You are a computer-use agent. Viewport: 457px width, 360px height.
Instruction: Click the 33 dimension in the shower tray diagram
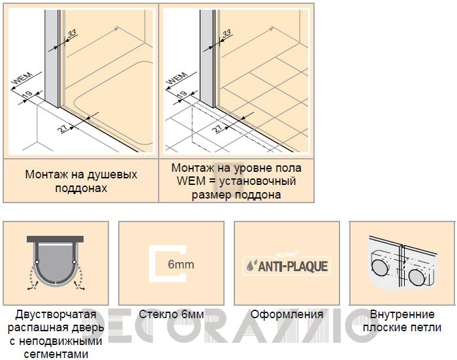(72, 33)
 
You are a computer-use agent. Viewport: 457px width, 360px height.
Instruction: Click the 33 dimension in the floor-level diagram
(227, 33)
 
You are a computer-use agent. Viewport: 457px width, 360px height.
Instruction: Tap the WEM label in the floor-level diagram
(178, 78)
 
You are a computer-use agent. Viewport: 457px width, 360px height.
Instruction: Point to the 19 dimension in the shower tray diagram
(27, 95)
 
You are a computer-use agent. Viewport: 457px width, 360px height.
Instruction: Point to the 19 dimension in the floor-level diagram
(182, 95)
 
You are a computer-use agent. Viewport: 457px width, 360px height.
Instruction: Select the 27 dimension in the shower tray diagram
(63, 128)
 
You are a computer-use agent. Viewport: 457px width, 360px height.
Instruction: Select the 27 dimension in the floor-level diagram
(218, 128)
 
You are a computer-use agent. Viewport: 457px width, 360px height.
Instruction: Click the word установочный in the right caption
(257, 181)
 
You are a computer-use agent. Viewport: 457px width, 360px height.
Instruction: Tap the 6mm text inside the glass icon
(181, 265)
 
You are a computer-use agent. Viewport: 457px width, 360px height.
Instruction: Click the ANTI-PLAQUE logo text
(293, 267)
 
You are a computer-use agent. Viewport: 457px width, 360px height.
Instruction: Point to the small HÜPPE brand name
(287, 255)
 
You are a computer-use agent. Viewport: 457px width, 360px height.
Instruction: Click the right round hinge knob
(417, 278)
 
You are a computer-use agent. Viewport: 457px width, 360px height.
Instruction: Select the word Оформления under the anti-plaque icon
(287, 314)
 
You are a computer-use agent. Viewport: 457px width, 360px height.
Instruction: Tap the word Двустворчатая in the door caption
(55, 314)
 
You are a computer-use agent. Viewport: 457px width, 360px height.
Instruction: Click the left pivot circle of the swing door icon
(37, 262)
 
